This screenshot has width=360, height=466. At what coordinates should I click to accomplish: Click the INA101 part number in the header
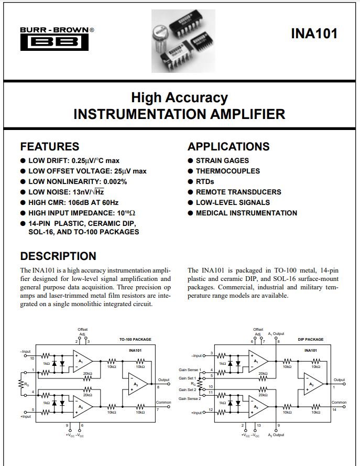click(x=314, y=34)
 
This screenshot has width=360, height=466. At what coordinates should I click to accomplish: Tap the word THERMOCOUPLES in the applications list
click(x=227, y=171)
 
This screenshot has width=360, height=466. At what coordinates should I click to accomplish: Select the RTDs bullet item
click(x=205, y=181)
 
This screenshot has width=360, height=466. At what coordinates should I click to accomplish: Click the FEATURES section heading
click(x=49, y=146)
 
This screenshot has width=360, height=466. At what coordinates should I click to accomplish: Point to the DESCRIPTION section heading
click(x=58, y=256)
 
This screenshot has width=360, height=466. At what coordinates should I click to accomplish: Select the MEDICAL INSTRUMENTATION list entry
click(x=246, y=213)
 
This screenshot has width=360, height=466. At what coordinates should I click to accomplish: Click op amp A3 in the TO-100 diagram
click(x=136, y=385)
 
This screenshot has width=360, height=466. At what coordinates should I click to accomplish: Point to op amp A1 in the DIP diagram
click(x=257, y=361)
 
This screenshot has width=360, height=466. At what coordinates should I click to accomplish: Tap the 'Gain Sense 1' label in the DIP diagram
click(x=189, y=370)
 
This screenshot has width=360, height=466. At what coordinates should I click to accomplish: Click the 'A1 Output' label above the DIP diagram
click(x=276, y=333)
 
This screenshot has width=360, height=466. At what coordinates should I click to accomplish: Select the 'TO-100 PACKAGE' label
click(x=135, y=340)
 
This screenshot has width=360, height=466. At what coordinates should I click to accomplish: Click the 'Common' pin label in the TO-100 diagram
click(x=163, y=403)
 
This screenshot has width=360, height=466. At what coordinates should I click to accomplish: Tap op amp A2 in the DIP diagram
click(x=257, y=407)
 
